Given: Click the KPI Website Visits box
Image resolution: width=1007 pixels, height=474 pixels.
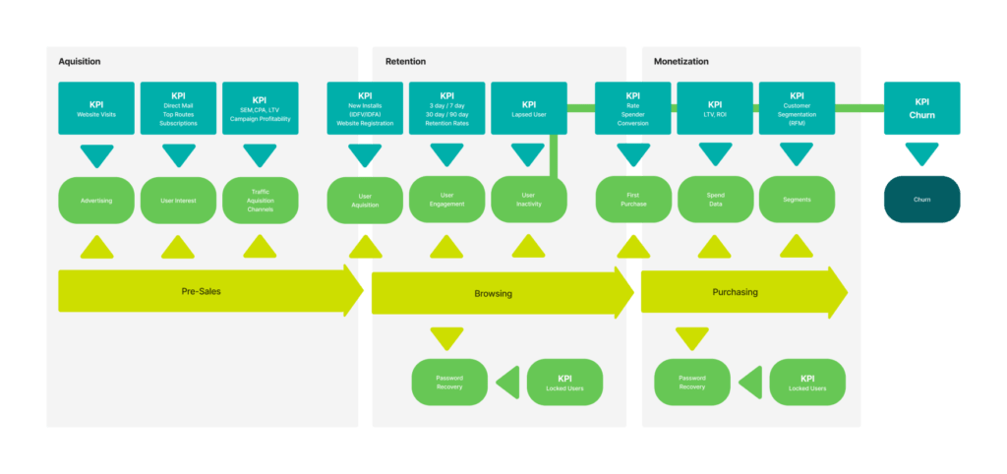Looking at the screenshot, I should [96, 109].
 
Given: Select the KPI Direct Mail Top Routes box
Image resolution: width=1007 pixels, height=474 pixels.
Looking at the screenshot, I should [178, 109].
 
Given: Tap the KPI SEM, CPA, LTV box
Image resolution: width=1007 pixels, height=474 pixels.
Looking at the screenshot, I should [260, 109].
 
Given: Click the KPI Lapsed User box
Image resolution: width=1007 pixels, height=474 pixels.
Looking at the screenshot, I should [529, 109].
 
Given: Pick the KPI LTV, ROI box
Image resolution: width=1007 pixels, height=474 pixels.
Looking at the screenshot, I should [715, 109].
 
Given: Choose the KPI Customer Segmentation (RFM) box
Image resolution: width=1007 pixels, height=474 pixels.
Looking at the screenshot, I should [797, 109].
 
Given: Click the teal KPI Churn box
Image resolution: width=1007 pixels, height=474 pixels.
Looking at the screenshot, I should [921, 108].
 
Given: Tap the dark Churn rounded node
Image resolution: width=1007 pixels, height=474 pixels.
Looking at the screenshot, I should [921, 199].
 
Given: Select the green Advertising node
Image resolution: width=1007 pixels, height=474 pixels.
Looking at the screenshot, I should [96, 200].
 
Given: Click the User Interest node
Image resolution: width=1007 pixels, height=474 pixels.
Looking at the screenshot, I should [178, 200].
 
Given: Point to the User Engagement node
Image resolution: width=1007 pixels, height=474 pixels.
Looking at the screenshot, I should [446, 200].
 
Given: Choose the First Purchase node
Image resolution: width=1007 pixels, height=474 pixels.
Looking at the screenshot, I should [633, 200].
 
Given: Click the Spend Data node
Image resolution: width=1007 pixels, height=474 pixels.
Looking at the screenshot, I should [715, 200].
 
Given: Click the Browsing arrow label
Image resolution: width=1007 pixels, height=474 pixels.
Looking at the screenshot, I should [493, 293].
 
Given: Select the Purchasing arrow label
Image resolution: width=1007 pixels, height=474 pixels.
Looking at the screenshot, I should [735, 292].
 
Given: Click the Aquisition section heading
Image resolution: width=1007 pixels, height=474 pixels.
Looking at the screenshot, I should [80, 61].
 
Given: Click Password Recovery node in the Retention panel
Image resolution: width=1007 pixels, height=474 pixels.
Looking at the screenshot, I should [448, 383].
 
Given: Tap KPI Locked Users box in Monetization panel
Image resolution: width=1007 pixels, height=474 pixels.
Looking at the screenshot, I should [807, 383].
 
